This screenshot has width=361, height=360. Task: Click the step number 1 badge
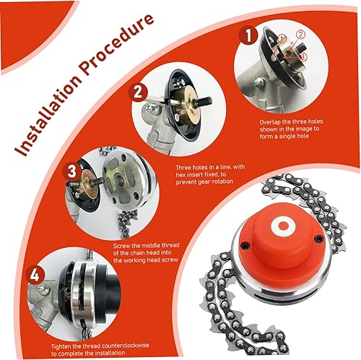coord(248,36)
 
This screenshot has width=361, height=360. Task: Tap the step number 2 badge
coord(138,93)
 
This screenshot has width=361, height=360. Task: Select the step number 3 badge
coord(72,172)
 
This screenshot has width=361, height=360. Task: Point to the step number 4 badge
coord(35,275)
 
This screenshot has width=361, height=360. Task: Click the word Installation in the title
coord(48,113)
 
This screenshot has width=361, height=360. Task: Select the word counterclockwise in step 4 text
coord(125,346)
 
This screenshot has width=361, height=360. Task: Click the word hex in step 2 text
coord(180,174)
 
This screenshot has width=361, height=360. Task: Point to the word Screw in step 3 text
coord(121,246)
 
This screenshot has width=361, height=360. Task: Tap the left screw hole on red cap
coord(245,246)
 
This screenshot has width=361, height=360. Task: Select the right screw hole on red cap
coord(319,239)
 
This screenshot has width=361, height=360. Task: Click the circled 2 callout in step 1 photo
coord(300,35)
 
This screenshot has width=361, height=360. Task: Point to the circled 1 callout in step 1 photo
coord(282,38)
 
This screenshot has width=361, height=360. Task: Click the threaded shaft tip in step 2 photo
coord(209,100)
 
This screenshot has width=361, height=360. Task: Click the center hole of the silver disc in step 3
coord(118,179)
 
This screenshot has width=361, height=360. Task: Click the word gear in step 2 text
coord(204,181)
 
